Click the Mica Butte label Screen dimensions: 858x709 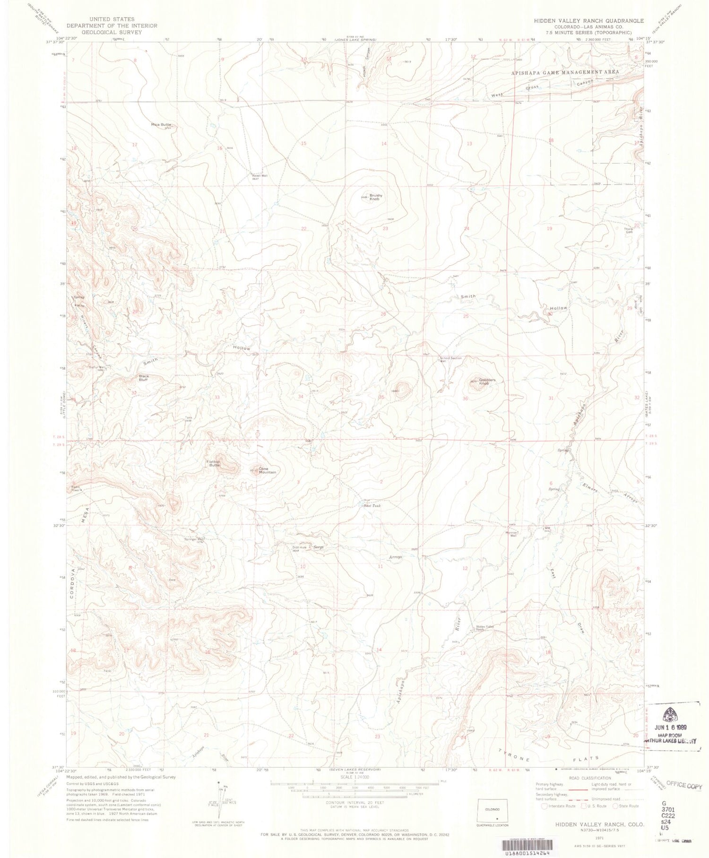click(161, 125)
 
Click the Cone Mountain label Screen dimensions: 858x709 click(266, 470)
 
